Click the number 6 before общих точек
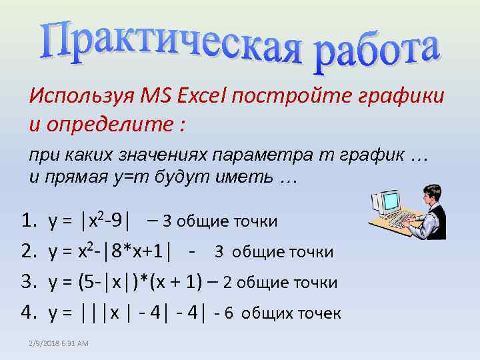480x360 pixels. (x=229, y=314)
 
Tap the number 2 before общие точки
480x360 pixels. (x=227, y=283)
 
